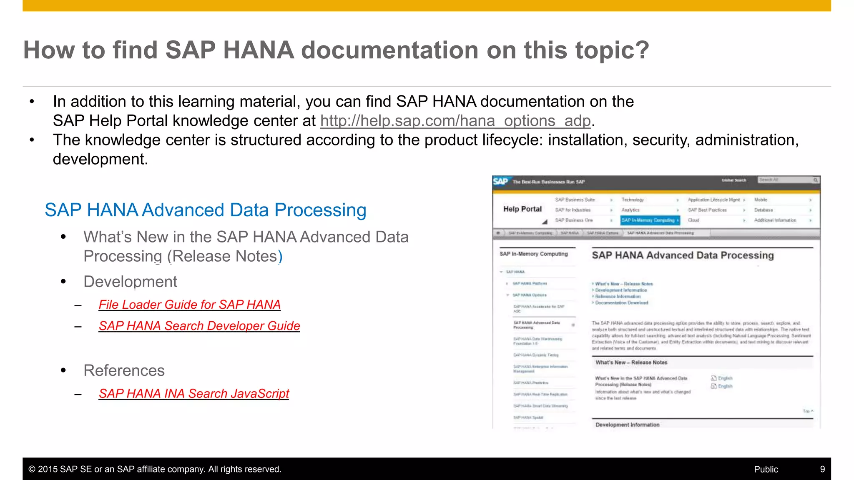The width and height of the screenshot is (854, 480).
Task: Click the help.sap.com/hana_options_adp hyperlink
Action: point(455,121)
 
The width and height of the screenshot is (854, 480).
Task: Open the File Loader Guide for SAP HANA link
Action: point(189,305)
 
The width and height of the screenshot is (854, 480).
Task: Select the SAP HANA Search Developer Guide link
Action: point(199,326)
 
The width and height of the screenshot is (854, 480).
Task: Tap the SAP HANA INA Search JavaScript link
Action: point(194,393)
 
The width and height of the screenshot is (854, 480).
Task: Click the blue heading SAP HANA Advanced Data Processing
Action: point(206,210)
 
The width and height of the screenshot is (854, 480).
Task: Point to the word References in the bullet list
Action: point(124,370)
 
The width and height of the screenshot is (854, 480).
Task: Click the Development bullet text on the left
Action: point(130,282)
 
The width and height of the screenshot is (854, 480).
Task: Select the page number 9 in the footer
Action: point(822,469)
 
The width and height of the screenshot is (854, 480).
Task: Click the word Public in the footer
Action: point(766,469)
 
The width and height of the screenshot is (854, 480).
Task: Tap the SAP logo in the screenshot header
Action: point(500,181)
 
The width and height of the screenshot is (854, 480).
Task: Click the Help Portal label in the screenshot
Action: point(522,209)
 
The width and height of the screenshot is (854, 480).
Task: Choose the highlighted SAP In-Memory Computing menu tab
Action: point(649,220)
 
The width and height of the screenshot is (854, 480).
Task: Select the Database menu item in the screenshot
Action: point(764,210)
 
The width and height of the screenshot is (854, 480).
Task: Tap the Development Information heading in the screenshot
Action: point(628,425)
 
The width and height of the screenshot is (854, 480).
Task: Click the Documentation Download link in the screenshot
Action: point(621,303)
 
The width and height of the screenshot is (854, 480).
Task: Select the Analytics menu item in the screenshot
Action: point(630,210)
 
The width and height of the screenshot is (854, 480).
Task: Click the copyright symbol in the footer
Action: point(32,469)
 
